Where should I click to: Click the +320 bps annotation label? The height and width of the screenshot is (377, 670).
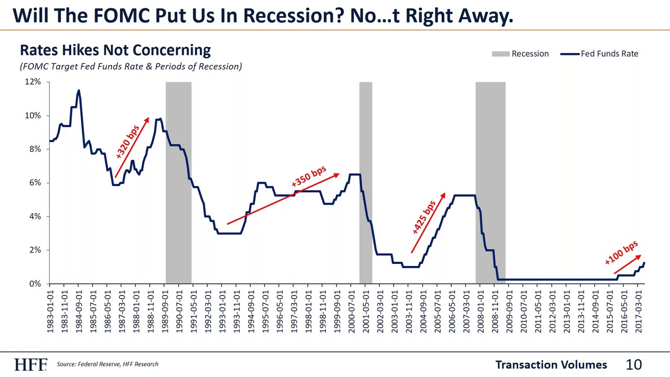coord(127,141)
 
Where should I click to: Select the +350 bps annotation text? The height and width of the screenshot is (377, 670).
coord(309,176)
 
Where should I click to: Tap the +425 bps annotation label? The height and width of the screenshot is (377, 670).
coord(423,217)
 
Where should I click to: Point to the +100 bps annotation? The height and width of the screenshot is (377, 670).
coord(621,252)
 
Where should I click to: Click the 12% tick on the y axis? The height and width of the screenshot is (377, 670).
coord(32,82)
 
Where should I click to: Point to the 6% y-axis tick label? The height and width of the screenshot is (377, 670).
coord(34,183)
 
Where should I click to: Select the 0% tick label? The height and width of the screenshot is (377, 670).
coord(34,284)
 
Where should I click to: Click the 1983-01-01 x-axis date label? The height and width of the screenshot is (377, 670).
coord(51,311)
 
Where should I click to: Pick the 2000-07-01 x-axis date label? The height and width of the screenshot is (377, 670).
coord(352,311)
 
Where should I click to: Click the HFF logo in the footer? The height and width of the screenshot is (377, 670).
coord(30,364)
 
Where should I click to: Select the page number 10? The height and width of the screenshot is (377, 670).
coord(634,364)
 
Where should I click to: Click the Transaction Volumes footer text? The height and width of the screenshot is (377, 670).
coord(551,364)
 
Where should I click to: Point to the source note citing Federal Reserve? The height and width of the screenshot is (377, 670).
coord(107,364)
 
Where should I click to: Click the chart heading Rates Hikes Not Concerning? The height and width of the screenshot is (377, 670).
coord(115,50)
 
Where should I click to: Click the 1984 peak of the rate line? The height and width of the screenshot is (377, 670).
coord(79,91)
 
